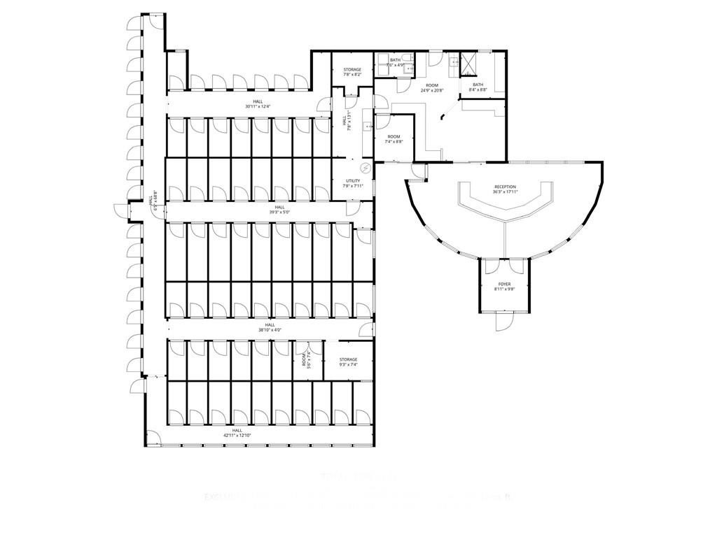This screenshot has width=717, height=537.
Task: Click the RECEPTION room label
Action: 505,187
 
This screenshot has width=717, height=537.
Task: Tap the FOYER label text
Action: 504,284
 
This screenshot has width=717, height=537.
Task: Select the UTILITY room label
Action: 352,181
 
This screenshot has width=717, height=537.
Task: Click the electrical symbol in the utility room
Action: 365,168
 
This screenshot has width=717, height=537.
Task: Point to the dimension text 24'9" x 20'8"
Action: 432,90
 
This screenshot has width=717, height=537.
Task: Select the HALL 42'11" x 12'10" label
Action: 237,432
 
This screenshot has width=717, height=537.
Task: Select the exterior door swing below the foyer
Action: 504,321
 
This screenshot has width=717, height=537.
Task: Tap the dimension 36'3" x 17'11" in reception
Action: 505,192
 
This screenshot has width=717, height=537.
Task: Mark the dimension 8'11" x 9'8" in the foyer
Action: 504,289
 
